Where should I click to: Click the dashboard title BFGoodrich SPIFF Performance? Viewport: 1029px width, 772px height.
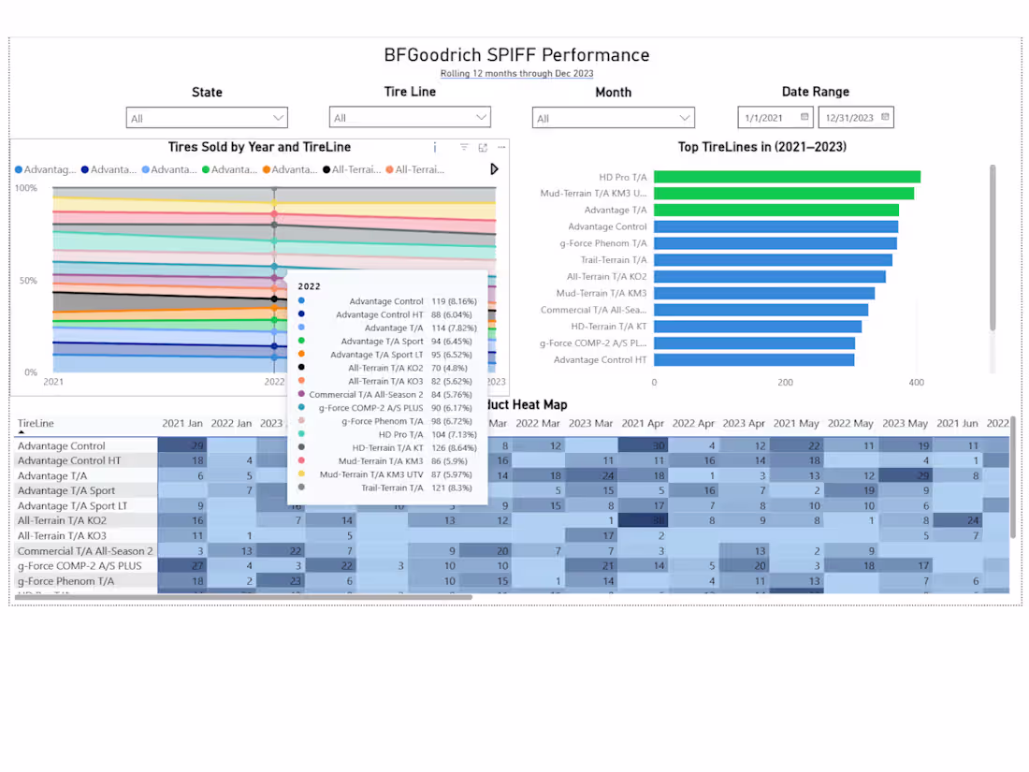coord(516,55)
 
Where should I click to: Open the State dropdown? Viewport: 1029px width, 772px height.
coord(207,118)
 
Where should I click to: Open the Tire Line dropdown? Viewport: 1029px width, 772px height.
coord(410,118)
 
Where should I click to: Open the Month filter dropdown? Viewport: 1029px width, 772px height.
coord(613,119)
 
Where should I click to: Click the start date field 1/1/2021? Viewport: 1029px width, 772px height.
coord(775,118)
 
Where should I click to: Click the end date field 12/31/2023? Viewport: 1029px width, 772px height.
coord(855,118)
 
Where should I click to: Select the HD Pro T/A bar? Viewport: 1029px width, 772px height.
coord(787,177)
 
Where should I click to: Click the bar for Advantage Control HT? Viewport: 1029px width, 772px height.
coord(754,359)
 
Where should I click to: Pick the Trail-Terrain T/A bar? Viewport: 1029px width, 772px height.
coord(773,260)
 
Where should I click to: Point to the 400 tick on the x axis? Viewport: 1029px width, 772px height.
coord(916,383)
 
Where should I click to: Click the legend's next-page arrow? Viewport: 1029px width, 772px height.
coord(494,169)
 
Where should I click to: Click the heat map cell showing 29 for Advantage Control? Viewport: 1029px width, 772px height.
coord(182,446)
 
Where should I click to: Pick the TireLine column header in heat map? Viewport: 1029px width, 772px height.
coord(36,424)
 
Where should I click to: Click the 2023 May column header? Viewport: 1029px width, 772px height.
coord(905,424)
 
